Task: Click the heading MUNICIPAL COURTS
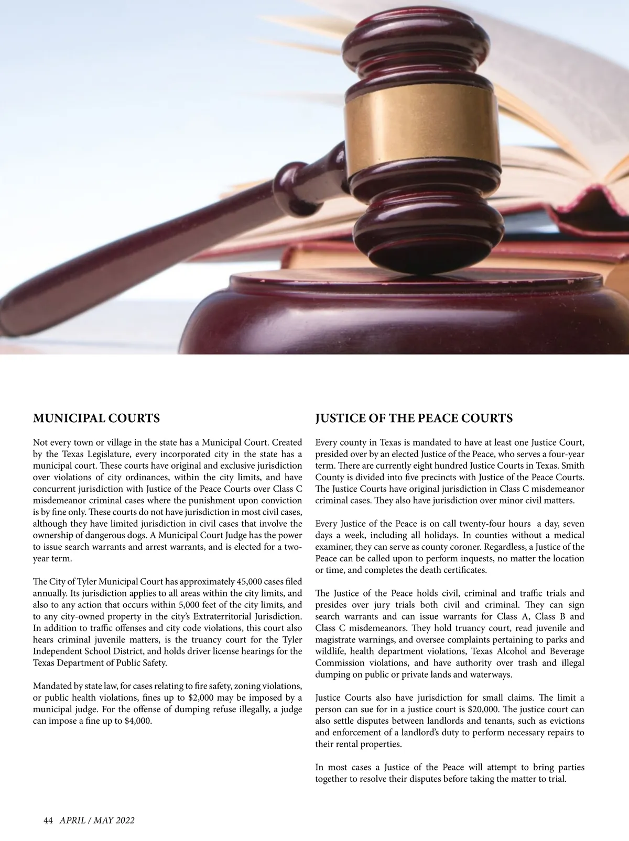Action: click(x=96, y=418)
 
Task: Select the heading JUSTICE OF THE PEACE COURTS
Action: click(x=414, y=418)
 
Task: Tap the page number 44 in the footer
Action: click(x=48, y=821)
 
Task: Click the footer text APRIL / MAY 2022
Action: click(x=97, y=821)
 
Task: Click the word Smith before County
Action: click(x=572, y=466)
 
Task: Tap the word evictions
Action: click(x=567, y=721)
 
